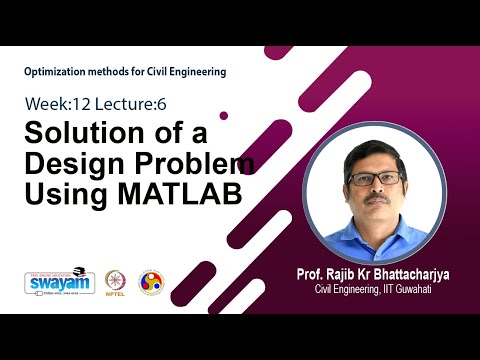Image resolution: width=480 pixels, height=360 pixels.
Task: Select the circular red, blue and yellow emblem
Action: click(x=151, y=282)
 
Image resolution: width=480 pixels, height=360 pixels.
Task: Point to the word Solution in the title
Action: click(x=80, y=135)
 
